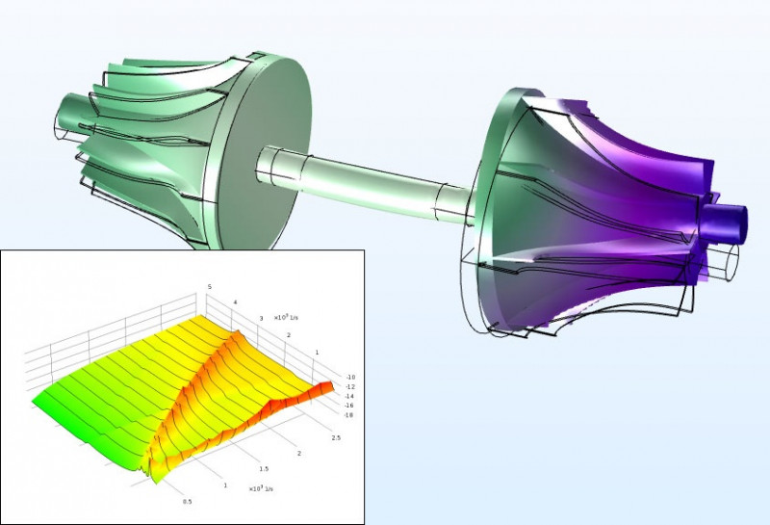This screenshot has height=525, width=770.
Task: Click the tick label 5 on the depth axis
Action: coord(209,286)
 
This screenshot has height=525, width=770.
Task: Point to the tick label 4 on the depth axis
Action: coord(234,302)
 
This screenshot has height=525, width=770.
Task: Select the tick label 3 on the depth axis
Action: coord(260,317)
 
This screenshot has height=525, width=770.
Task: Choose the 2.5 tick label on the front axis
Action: coord(334,437)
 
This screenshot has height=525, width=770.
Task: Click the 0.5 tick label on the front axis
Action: coord(187,501)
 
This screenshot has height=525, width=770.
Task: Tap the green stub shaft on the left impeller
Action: coord(72,109)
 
